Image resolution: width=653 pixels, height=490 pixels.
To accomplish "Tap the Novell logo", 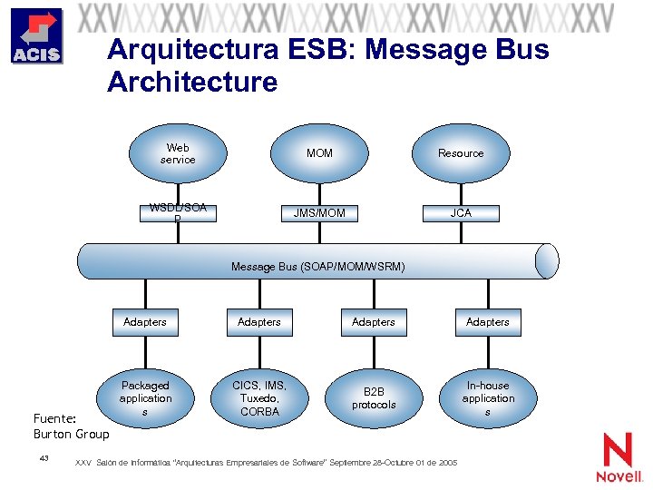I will [619, 457].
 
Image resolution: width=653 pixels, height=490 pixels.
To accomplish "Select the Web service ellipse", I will [178, 153].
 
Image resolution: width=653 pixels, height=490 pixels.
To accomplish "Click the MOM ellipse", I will [319, 153].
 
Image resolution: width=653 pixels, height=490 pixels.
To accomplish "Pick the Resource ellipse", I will [461, 153].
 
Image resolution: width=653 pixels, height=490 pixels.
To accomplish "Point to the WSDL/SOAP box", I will [178, 213].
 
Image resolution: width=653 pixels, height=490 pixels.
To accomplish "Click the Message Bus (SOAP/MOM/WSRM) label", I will [317, 267].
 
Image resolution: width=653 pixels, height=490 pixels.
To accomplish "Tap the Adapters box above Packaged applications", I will [145, 322].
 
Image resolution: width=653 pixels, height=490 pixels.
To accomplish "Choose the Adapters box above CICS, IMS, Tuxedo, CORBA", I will [259, 322].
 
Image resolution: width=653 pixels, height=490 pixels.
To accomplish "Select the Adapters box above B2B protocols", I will [374, 322].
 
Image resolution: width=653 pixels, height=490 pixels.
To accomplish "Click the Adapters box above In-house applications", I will [488, 322].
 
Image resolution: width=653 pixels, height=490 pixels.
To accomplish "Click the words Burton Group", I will [71, 434].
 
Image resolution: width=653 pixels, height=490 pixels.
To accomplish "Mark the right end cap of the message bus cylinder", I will [547, 260].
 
